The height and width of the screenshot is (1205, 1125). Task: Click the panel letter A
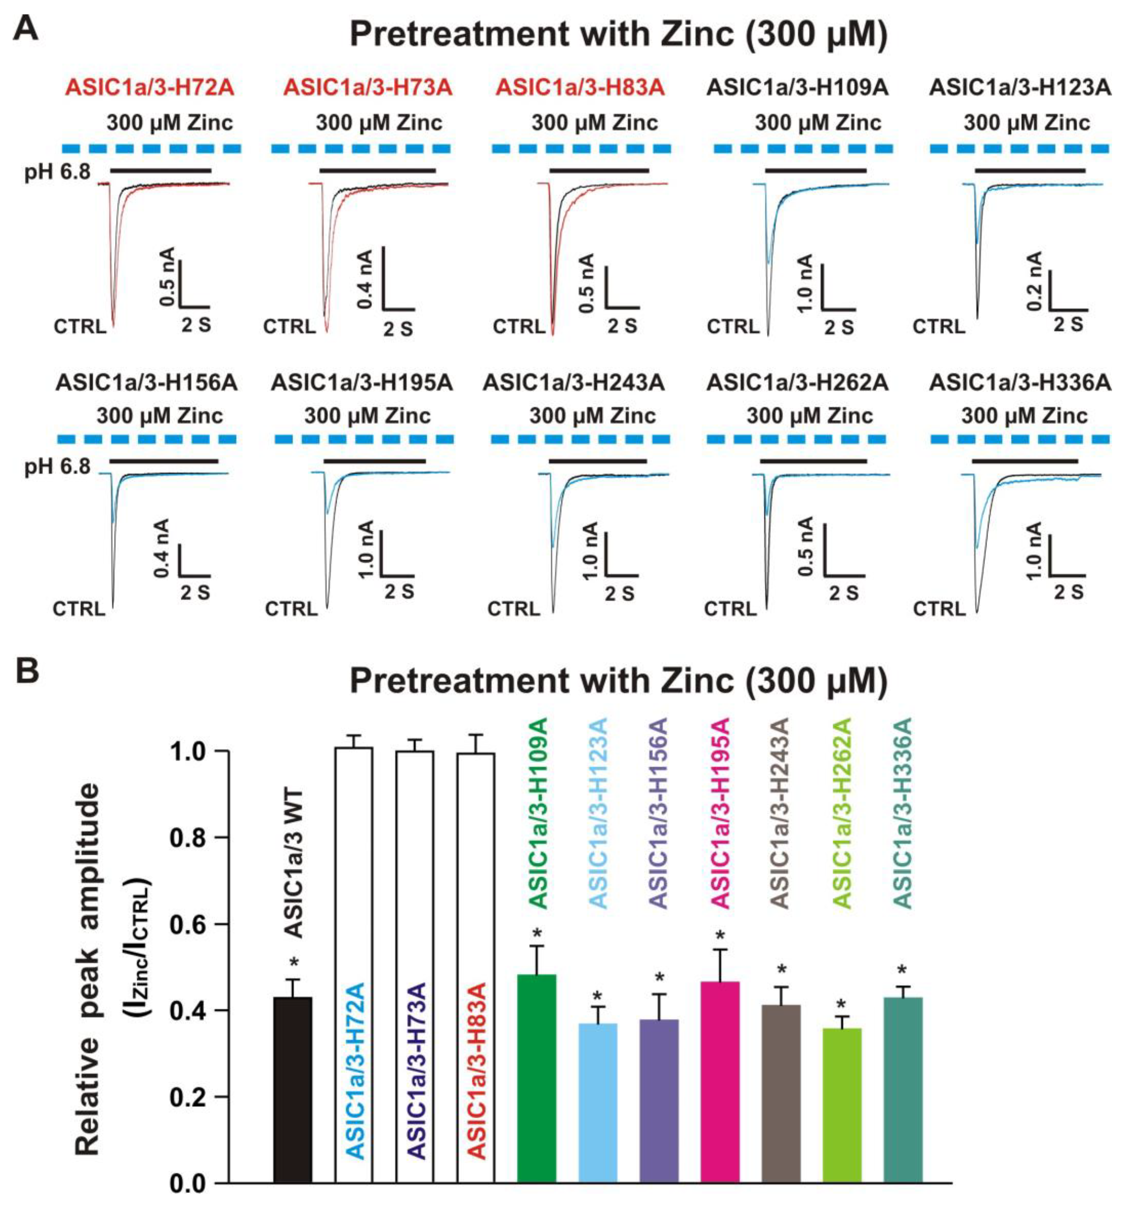[26, 27]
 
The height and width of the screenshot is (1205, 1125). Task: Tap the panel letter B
[26, 671]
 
